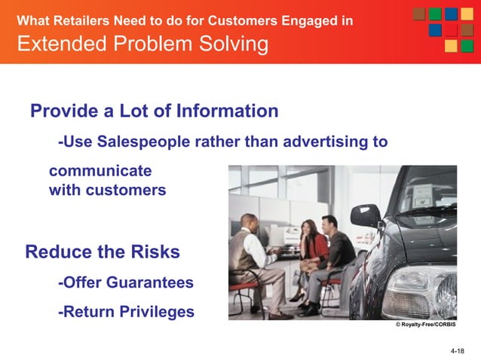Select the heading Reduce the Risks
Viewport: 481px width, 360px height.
click(x=103, y=252)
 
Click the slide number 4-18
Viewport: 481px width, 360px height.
click(x=457, y=352)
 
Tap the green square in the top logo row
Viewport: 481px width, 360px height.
click(x=434, y=14)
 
